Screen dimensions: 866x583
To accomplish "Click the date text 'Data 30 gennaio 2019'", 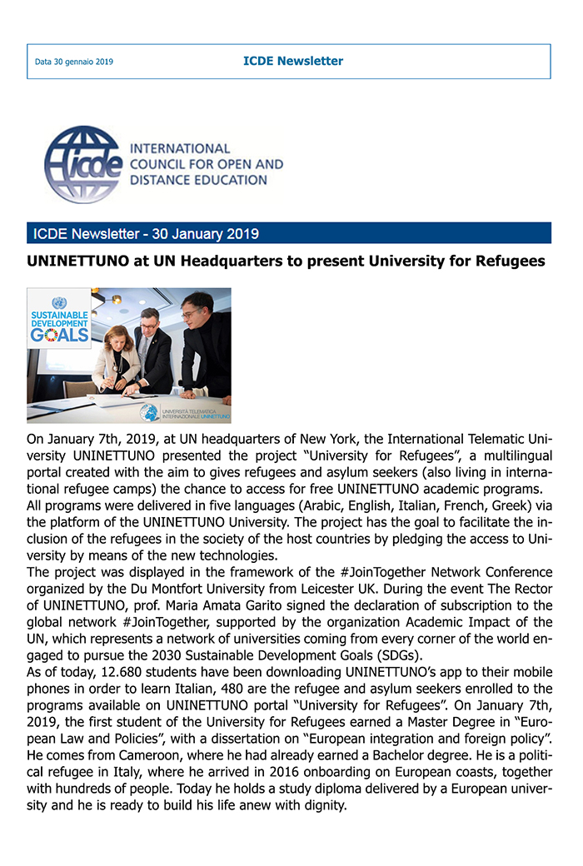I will pyautogui.click(x=73, y=62).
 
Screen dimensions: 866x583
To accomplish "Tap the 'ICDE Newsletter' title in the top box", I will pyautogui.click(x=293, y=61).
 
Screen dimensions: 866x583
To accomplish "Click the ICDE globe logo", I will pyautogui.click(x=83, y=164).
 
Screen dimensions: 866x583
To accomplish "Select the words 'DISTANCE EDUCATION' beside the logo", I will pyautogui.click(x=198, y=179).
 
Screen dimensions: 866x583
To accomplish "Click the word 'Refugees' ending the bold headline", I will pyautogui.click(x=508, y=261).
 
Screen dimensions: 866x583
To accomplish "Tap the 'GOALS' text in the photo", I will pyautogui.click(x=59, y=335).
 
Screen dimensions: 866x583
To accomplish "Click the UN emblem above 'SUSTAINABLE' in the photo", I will pyautogui.click(x=58, y=303).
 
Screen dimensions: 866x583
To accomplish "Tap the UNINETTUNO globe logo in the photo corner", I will pyautogui.click(x=149, y=412).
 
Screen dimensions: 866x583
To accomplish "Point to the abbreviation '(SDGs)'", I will pyautogui.click(x=399, y=654).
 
